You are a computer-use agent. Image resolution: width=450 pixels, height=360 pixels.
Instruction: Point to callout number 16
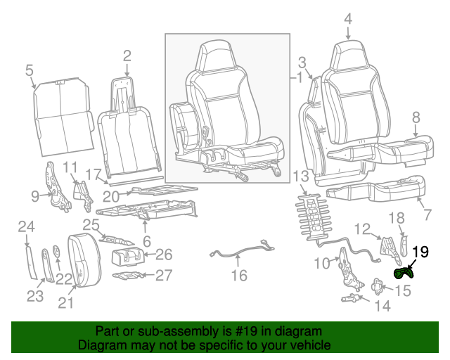click(240, 276)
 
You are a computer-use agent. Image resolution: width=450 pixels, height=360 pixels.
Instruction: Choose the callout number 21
click(66, 303)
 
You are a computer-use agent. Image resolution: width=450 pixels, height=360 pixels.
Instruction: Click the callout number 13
click(301, 175)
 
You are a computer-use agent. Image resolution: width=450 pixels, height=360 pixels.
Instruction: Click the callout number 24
click(26, 226)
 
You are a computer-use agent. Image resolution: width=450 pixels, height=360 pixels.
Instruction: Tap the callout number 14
click(382, 306)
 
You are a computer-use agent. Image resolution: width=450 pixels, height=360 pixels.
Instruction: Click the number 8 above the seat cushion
click(416, 117)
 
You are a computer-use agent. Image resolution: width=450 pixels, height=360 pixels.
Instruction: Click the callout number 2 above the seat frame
click(127, 56)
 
